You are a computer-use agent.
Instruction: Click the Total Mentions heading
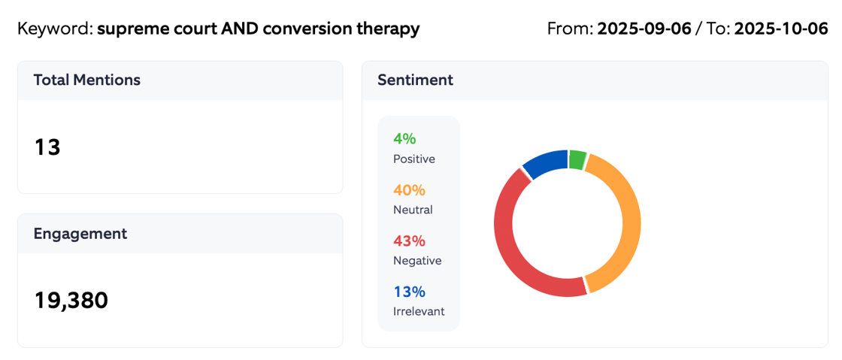click(86, 80)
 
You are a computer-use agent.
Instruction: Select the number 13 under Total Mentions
click(47, 147)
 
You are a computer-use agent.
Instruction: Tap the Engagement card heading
click(80, 234)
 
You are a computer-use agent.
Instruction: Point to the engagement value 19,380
click(71, 301)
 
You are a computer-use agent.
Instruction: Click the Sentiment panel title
click(415, 80)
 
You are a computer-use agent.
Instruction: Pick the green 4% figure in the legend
click(404, 139)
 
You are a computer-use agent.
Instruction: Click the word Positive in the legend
click(413, 159)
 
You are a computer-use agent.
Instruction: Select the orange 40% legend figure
click(409, 190)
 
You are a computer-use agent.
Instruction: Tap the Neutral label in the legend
click(413, 210)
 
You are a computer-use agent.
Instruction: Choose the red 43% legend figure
click(409, 241)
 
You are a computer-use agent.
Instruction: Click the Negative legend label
click(417, 261)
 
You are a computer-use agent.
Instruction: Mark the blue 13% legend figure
click(409, 292)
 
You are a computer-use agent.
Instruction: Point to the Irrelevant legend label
click(419, 311)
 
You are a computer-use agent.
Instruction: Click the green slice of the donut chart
click(577, 159)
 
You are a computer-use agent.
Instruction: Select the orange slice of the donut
click(628, 225)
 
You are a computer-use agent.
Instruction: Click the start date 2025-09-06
click(644, 29)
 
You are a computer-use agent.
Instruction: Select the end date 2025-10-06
click(780, 29)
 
